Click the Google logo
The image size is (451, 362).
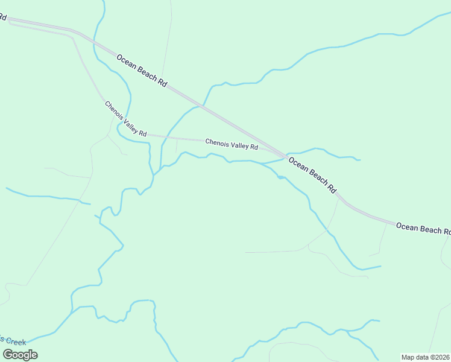point(20,355)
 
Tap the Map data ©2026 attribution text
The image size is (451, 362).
point(425,357)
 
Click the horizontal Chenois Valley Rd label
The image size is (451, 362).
point(232,144)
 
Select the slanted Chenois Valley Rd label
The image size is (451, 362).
point(125,118)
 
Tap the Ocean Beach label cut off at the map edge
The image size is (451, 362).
point(423,229)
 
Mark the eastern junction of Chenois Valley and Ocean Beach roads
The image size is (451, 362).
point(283,156)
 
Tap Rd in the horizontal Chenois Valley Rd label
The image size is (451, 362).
point(254,147)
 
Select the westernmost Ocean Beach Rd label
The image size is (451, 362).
point(142,72)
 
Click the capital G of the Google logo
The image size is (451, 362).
point(8,355)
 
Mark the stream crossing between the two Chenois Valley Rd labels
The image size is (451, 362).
point(162,137)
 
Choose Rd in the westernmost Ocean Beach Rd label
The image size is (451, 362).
point(162,83)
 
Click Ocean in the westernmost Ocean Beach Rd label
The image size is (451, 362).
point(125,62)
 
